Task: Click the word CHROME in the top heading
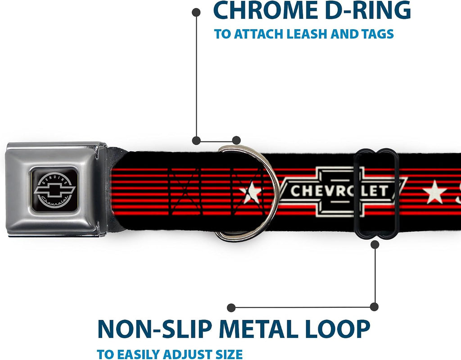(x=266, y=10)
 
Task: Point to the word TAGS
(x=378, y=34)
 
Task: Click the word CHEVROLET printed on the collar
(x=339, y=191)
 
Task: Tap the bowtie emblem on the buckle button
(x=54, y=191)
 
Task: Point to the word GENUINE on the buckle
(x=55, y=178)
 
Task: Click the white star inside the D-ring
(x=251, y=192)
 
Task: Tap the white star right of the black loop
(x=434, y=192)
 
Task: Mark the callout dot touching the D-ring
(x=236, y=141)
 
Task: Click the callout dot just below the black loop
(x=375, y=245)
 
